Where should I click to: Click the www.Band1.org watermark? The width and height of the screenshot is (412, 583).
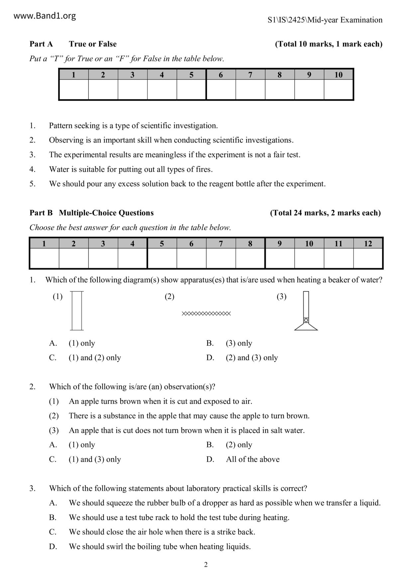click(45, 16)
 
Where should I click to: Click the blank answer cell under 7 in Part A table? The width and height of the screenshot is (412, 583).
click(250, 90)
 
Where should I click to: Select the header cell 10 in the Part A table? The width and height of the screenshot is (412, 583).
click(338, 75)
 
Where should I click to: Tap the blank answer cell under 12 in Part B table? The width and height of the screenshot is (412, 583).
click(368, 258)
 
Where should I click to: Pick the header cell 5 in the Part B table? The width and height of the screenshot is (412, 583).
click(162, 244)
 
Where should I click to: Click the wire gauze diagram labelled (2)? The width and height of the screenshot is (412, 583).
click(206, 313)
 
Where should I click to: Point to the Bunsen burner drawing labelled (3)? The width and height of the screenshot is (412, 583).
click(306, 311)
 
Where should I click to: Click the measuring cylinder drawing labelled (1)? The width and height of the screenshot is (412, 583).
click(77, 311)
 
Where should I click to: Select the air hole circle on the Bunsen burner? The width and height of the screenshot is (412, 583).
click(306, 320)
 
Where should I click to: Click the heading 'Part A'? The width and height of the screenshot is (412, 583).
click(41, 44)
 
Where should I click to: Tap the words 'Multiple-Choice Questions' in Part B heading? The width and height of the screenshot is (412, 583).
click(106, 213)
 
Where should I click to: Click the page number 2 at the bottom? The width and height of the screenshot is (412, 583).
click(206, 564)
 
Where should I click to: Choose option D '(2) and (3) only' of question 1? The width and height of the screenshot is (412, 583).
click(252, 358)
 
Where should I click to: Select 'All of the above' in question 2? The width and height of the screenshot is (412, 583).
click(253, 459)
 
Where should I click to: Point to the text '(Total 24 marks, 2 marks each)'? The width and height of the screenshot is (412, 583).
click(325, 213)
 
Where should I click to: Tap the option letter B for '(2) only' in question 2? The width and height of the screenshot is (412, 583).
click(210, 445)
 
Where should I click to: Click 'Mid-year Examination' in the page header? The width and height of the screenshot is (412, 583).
click(345, 20)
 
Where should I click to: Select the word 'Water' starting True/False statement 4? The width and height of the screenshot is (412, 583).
click(58, 169)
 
